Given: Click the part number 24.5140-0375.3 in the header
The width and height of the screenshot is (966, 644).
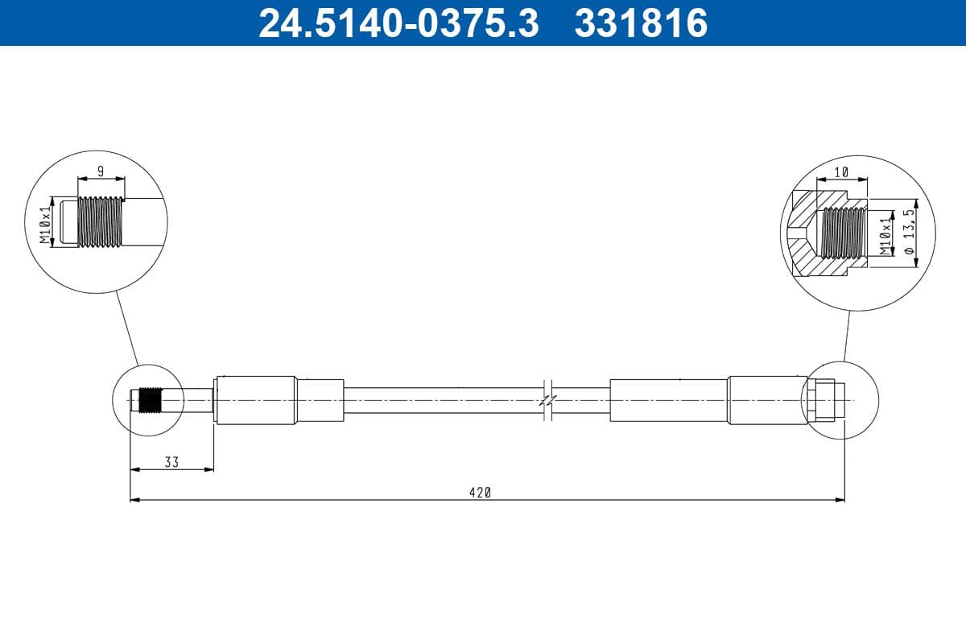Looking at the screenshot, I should coord(398,23).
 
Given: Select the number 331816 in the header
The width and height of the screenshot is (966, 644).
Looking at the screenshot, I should coord(640,23).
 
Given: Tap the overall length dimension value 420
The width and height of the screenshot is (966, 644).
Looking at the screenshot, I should coord(481,493).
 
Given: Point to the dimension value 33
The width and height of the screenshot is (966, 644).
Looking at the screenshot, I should coord(171,462).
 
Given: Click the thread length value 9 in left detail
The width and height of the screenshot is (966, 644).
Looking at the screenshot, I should coord(100,171).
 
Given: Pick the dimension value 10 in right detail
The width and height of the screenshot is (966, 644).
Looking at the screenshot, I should coord(841,172).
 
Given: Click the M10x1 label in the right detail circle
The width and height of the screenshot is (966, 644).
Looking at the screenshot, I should coord(885,235).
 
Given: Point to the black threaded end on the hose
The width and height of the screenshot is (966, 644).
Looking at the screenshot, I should coord(148,400).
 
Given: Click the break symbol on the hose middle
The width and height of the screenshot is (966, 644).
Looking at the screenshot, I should coord(547,399).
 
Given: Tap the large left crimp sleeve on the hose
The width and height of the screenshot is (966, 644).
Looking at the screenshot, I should coord(256,400).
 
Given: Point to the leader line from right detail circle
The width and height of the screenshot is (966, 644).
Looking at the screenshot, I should coord(847,334).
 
